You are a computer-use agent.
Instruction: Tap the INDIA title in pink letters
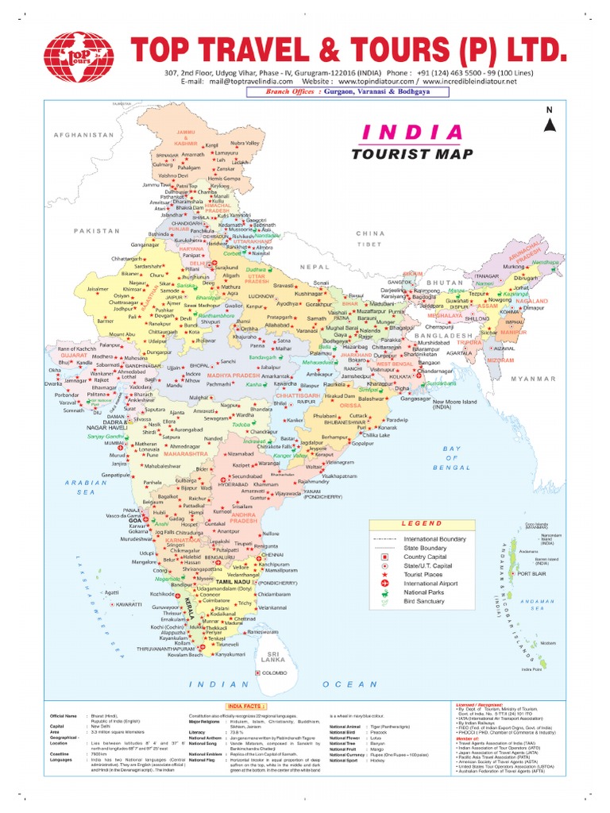[411, 132]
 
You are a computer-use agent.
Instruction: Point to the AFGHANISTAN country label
[85, 136]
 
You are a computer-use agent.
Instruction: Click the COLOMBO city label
[275, 672]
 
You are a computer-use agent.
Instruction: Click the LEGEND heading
[421, 524]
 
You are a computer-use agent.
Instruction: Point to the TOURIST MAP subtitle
[411, 154]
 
